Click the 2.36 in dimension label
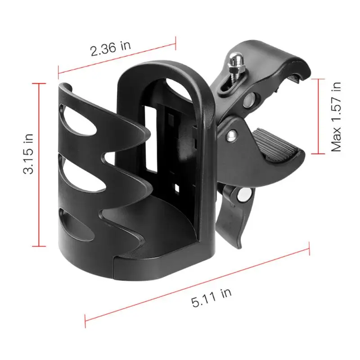(111, 48)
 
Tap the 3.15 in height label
(28, 153)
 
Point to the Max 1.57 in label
(336, 117)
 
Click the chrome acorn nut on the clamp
(237, 59)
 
